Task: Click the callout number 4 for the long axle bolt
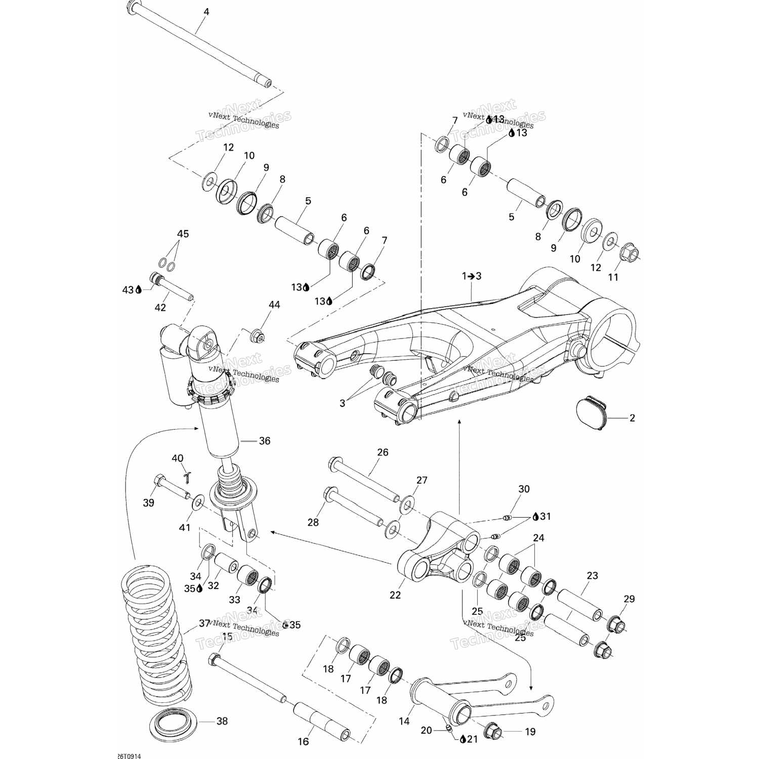point(206,12)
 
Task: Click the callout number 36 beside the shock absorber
point(264,441)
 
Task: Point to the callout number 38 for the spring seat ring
point(222,721)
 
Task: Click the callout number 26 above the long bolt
point(383,452)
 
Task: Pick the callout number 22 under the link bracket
point(395,595)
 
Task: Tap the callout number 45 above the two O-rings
point(183,234)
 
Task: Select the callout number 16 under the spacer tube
point(303,742)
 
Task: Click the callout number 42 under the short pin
point(160,307)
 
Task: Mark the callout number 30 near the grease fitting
point(524,489)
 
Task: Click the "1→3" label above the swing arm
point(471,276)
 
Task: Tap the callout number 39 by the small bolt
point(148,502)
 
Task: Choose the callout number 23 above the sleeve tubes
point(592,575)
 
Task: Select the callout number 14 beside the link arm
point(404,722)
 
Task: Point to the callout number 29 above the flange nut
point(628,599)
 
